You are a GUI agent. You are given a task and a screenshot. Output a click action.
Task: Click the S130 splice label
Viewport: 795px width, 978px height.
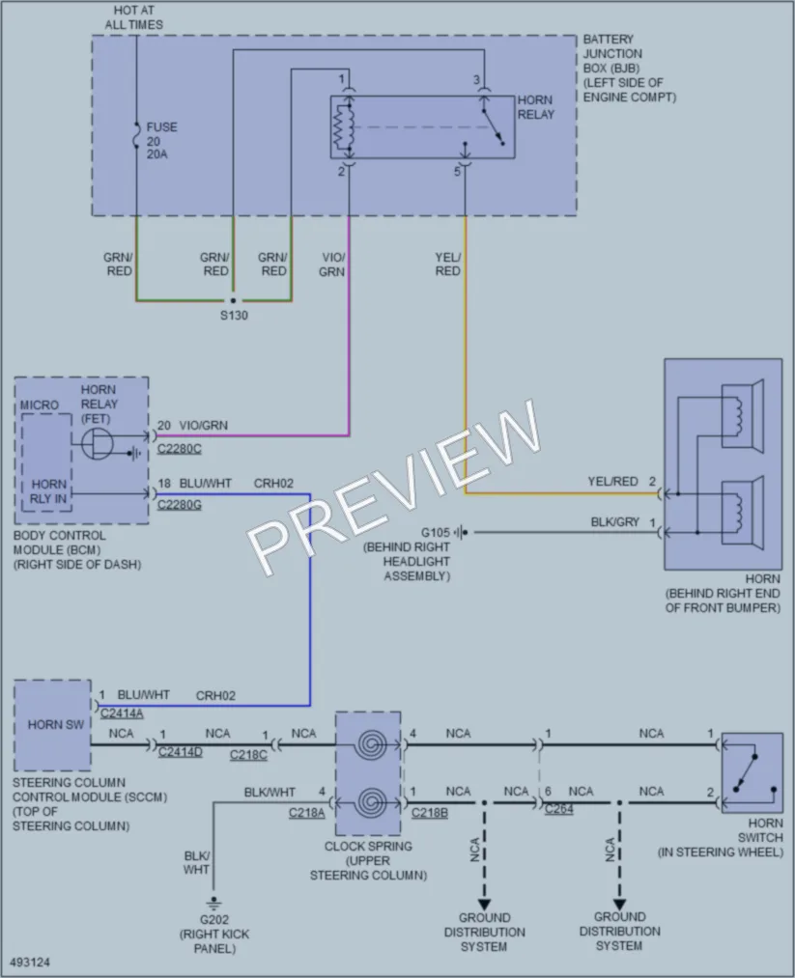(234, 316)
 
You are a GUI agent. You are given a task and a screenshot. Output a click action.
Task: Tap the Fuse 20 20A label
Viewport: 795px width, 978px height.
(161, 140)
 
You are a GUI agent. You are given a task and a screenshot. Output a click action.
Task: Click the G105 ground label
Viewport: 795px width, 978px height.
(435, 533)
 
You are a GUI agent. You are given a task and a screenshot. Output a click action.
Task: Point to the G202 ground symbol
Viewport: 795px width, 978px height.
(213, 902)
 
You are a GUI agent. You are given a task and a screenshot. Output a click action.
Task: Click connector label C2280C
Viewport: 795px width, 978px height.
(179, 449)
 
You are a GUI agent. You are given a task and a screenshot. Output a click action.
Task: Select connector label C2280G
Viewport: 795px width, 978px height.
(179, 505)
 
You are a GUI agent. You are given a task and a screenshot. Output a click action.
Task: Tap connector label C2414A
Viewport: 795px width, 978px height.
(122, 713)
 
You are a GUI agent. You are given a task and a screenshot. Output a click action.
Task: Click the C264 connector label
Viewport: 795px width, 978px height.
(558, 809)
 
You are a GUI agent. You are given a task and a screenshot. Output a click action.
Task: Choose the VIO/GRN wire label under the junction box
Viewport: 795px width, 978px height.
(332, 265)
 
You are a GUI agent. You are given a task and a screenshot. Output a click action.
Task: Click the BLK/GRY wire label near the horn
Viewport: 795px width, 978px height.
(614, 522)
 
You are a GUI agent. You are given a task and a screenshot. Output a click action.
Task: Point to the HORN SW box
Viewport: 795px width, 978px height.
(53, 725)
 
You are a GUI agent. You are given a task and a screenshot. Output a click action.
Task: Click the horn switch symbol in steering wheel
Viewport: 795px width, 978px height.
(752, 772)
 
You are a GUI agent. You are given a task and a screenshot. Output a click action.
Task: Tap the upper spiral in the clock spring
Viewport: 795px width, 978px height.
(372, 744)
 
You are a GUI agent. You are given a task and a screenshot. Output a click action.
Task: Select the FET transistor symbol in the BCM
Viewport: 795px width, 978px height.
(98, 443)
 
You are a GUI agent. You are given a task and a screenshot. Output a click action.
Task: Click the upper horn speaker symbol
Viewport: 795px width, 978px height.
(743, 416)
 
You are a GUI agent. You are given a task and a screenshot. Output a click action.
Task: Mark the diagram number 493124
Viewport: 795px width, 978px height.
(30, 963)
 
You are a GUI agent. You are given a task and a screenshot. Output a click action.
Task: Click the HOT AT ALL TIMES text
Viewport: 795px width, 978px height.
(133, 17)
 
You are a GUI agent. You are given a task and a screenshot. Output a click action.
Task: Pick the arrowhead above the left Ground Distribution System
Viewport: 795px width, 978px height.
(484, 904)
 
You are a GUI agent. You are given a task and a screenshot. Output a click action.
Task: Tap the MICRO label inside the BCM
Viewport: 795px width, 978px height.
(40, 405)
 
